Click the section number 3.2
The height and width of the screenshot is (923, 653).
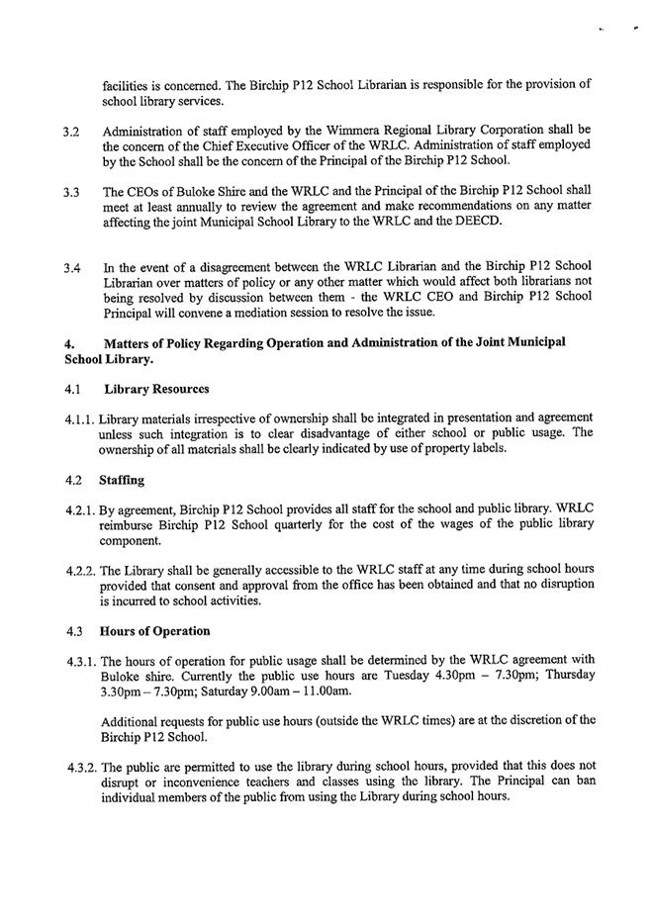(71, 131)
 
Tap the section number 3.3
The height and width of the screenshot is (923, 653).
(71, 192)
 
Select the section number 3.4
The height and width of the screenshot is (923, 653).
(71, 268)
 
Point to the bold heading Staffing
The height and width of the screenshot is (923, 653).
(122, 480)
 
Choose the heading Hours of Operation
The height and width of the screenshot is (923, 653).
(153, 631)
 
